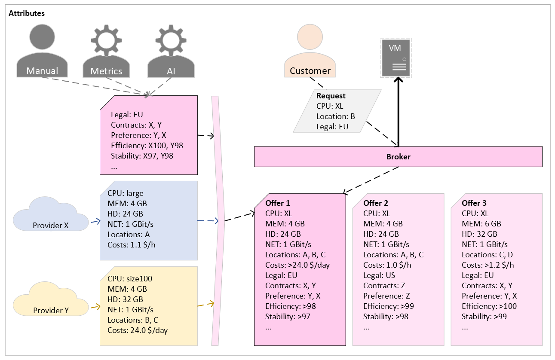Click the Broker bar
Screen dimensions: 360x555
[398, 157]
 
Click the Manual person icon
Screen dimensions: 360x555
[42, 52]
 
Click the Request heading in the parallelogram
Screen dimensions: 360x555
[331, 96]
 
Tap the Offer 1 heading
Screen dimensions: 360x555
[278, 203]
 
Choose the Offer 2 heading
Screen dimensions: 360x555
[376, 203]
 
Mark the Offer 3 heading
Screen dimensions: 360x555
[474, 203]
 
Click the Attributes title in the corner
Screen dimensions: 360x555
[27, 13]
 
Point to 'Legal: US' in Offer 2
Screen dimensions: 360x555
[379, 275]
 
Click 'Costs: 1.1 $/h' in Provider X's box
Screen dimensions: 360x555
[132, 245]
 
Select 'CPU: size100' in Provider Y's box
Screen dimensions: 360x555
[130, 278]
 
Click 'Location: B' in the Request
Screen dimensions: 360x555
[335, 116]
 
